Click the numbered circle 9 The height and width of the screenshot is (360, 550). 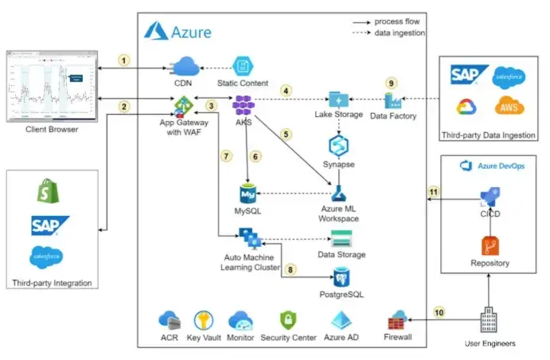[x=390, y=82]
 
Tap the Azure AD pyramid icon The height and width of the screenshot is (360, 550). [x=339, y=321]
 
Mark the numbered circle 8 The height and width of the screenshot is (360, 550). [x=291, y=269]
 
